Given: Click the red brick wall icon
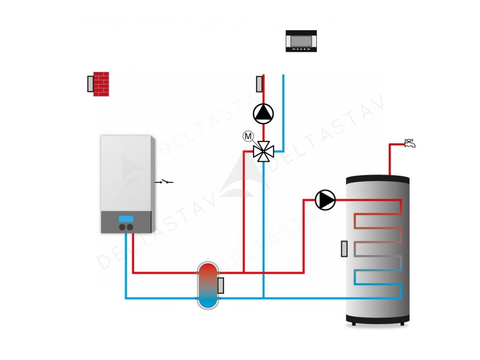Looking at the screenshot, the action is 101,84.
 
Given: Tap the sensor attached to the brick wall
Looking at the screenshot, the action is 90,84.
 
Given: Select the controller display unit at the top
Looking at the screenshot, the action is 301,41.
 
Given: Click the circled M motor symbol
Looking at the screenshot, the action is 248,136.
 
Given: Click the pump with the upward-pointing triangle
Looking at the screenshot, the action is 263,113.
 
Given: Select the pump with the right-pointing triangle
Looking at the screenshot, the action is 325,200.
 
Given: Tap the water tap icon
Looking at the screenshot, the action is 410,143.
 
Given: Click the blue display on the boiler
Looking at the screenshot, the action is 126,219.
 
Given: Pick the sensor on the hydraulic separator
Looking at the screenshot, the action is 220,285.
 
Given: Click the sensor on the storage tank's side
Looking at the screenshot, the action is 345,248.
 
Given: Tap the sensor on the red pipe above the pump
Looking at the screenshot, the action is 259,83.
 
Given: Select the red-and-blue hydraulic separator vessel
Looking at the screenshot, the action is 208,285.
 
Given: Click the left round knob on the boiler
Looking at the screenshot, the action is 122,227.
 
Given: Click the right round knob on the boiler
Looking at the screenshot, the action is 130,227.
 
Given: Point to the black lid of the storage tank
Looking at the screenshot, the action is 378,180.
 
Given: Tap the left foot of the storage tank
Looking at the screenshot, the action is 353,323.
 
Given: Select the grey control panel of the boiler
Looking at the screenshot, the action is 126,222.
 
